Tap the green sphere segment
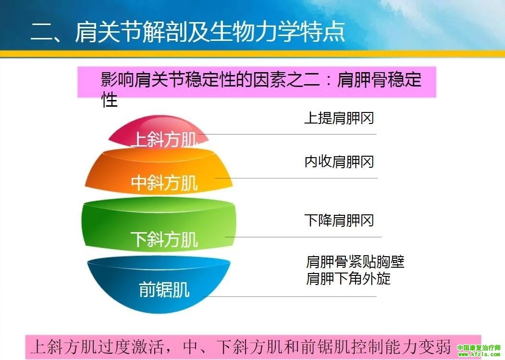point(159,225)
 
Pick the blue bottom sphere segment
point(159,284)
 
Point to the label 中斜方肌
point(164,183)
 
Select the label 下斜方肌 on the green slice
point(164,239)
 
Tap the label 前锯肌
point(164,289)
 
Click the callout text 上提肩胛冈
point(339,118)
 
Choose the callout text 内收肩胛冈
point(339,161)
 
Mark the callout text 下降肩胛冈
point(339,221)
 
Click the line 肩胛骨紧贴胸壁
point(355,261)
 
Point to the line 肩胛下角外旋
point(348,278)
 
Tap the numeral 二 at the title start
point(41,33)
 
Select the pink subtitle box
point(257,82)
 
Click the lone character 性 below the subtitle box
point(110,99)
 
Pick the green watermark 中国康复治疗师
point(479,348)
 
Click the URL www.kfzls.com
point(479,355)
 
